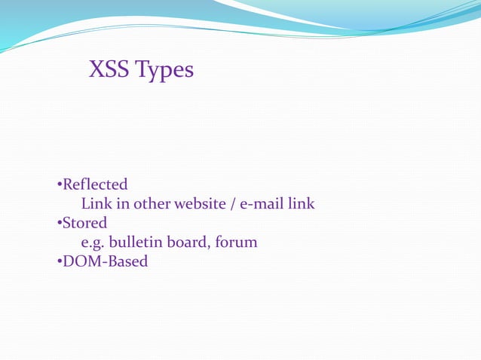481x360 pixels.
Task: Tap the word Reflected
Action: pyautogui.click(x=95, y=185)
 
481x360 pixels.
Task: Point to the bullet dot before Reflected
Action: pyautogui.click(x=59, y=185)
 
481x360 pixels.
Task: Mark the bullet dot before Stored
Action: pyautogui.click(x=59, y=224)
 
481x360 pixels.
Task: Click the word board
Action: pyautogui.click(x=189, y=243)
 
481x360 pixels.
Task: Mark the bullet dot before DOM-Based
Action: pyautogui.click(x=59, y=263)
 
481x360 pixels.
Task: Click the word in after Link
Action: pyautogui.click(x=121, y=204)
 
